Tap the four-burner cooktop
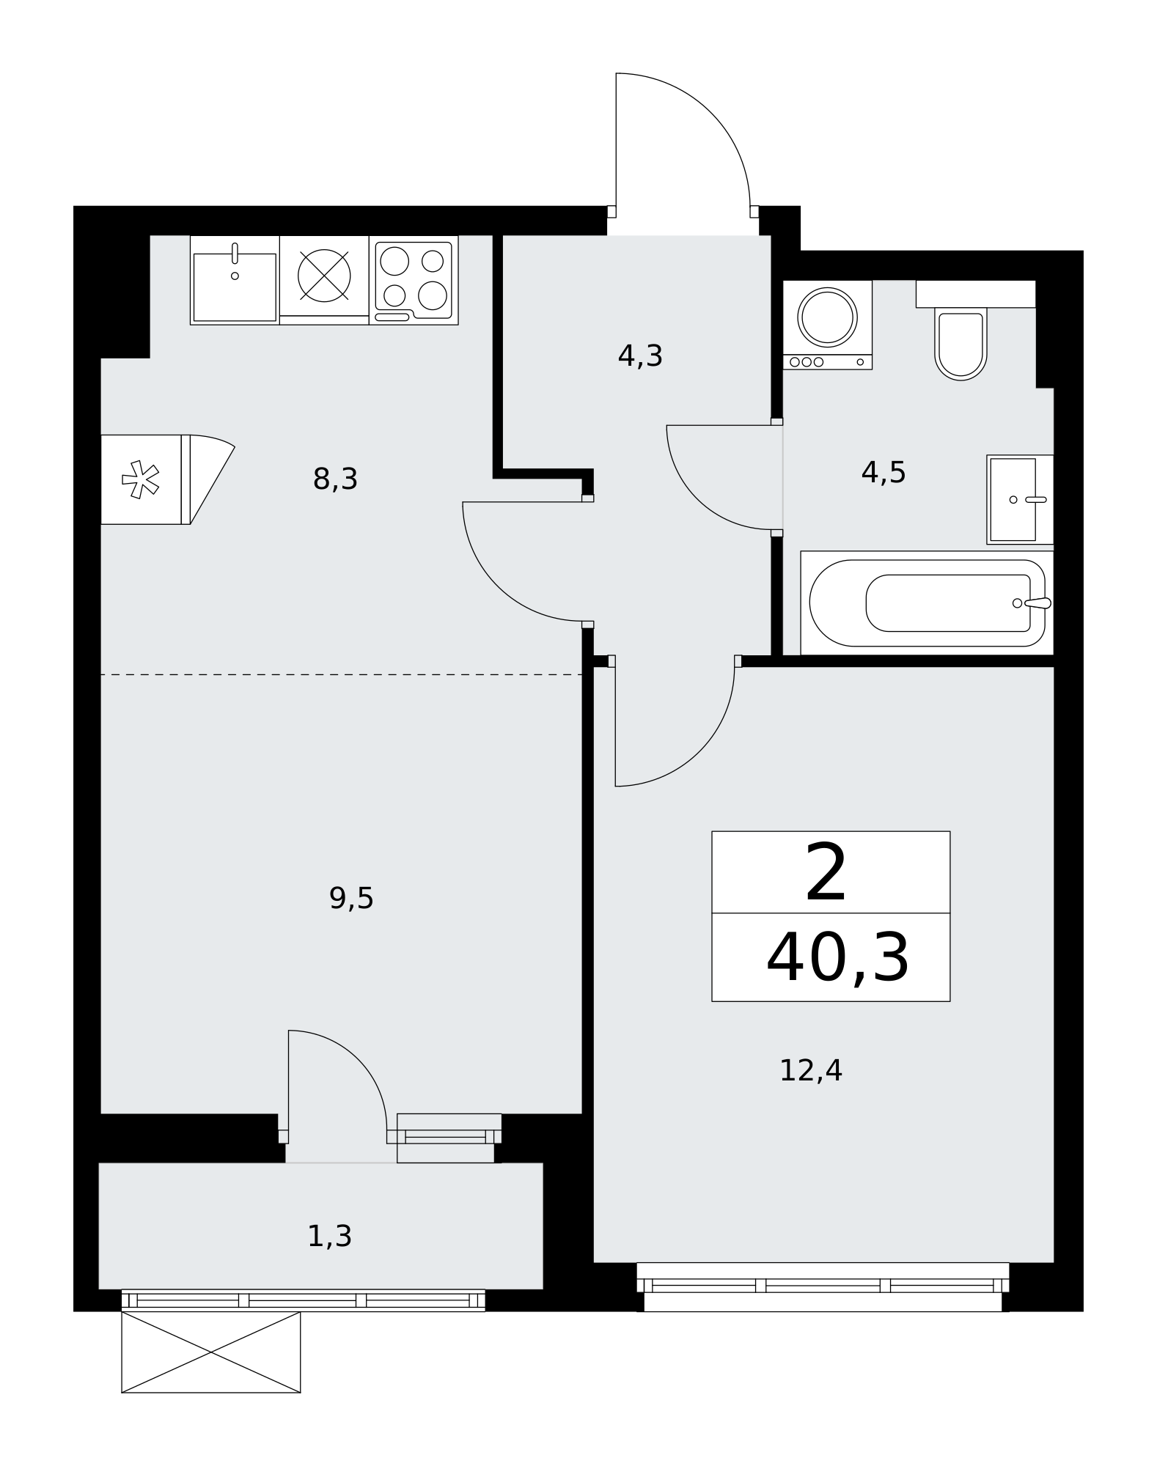414,280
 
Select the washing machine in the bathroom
828,325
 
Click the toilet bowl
961,344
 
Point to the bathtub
927,603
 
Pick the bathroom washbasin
1020,499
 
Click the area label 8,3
335,479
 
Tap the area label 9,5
351,898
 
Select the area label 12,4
810,1071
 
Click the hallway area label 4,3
640,356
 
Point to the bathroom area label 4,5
884,473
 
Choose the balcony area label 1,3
329,1237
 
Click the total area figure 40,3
837,958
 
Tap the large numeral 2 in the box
826,872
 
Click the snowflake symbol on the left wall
140,479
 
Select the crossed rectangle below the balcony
211,1352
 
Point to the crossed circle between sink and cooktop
324,276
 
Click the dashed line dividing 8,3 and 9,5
341,674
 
